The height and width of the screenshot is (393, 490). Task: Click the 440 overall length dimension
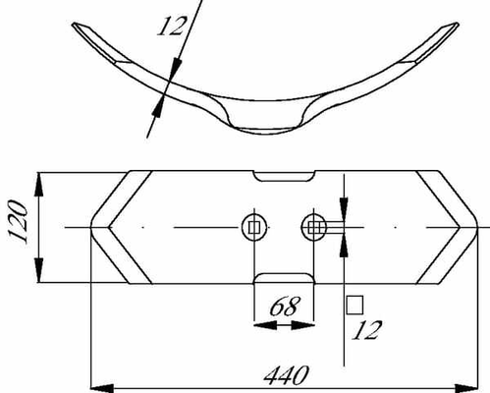click(x=287, y=375)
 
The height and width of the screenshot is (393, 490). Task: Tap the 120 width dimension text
click(x=18, y=222)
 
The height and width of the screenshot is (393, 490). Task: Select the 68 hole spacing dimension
click(x=285, y=307)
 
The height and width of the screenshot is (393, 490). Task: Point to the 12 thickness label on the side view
click(x=172, y=26)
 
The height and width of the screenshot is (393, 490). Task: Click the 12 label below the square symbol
click(x=366, y=330)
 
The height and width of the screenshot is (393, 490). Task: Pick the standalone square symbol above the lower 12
click(x=354, y=305)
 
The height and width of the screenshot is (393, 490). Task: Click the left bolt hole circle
click(x=254, y=227)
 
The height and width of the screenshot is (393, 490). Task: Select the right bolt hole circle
click(x=313, y=227)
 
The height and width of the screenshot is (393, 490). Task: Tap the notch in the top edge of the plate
click(x=285, y=176)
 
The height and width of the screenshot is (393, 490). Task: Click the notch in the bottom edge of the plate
click(x=285, y=278)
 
